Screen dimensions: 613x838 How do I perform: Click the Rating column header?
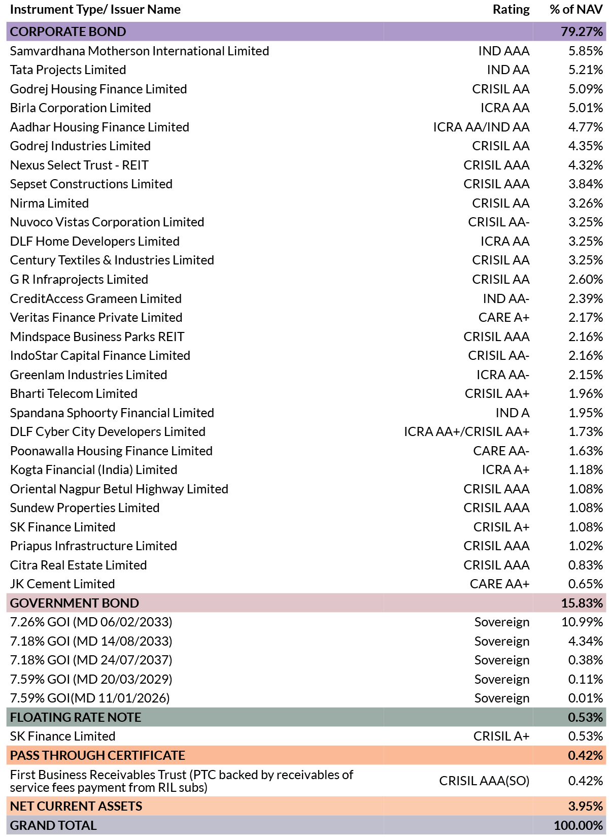[x=511, y=9]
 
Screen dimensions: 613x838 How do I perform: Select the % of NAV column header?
[x=576, y=9]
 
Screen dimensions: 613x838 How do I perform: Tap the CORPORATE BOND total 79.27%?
[x=582, y=31]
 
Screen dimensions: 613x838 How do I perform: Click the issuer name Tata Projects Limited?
[x=67, y=70]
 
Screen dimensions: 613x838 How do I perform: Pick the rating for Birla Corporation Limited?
[x=505, y=108]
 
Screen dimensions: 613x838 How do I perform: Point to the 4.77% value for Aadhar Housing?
[x=585, y=127]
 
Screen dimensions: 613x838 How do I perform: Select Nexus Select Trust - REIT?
[x=79, y=165]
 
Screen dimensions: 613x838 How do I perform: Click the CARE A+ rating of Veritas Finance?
[x=504, y=318]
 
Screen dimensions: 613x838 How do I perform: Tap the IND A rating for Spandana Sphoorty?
[x=513, y=413]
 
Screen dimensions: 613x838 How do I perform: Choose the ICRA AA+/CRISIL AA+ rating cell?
[x=467, y=432]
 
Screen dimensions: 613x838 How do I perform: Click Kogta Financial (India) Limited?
[x=93, y=470]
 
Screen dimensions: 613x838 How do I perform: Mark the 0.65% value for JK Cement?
[x=585, y=584]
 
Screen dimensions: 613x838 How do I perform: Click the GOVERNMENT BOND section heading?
[x=75, y=603]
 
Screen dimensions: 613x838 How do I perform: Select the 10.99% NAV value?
[x=582, y=622]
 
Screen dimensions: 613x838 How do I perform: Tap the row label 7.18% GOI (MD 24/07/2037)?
[x=91, y=660]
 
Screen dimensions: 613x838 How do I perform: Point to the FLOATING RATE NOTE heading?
[x=76, y=717]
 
